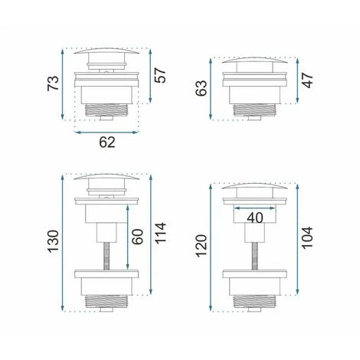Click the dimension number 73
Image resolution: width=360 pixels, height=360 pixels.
[x=53, y=83]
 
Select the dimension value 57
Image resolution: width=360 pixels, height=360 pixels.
[x=160, y=75]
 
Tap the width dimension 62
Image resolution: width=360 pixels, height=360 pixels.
[x=107, y=142]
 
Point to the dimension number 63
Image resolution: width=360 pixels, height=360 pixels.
[x=201, y=88]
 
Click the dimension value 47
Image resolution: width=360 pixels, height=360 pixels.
[x=307, y=80]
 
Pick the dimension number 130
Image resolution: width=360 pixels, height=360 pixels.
[x=53, y=241]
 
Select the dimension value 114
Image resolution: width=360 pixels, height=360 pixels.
[x=160, y=233]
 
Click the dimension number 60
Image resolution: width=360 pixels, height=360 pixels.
[x=138, y=237]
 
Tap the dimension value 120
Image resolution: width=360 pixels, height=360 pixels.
[x=201, y=246]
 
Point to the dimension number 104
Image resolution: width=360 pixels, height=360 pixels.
[x=307, y=237]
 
